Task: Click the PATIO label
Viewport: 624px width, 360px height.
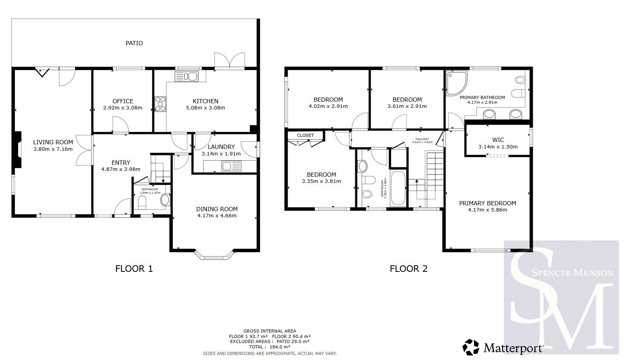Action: coord(134,43)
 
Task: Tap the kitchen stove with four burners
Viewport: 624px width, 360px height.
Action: coord(160,104)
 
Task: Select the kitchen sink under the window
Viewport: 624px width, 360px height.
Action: coord(186,76)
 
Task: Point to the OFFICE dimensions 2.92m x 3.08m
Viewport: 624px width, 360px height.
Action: coord(123,108)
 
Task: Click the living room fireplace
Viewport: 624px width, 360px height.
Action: coord(17,150)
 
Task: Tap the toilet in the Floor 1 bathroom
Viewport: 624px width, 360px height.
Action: coord(142,202)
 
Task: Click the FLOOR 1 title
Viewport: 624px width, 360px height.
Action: coord(134,269)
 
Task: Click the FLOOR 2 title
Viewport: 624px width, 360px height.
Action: coord(408,269)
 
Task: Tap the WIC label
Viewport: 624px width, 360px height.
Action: coord(498,140)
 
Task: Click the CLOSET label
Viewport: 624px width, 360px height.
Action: coord(305,135)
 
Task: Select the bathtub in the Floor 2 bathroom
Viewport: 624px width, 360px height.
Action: coord(398,188)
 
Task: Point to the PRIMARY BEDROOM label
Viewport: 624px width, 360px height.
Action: coord(488,203)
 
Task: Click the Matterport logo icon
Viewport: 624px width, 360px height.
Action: coord(471,347)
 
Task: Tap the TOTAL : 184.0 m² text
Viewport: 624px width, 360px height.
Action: coord(269,347)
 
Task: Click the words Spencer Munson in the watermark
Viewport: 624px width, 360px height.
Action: coord(573,273)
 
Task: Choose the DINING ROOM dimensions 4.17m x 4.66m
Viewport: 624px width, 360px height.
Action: coord(217,216)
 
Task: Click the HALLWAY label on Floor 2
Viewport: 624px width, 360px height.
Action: coord(422,139)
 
